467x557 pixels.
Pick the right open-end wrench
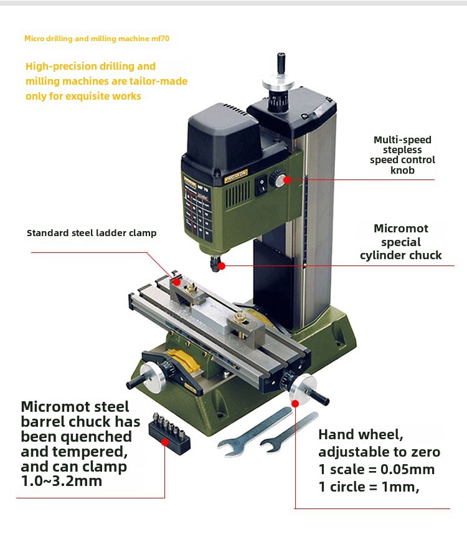click(x=289, y=434)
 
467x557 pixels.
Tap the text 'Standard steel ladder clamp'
click(x=92, y=233)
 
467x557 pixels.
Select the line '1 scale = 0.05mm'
click(x=376, y=469)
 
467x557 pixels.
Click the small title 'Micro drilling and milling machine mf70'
click(x=97, y=39)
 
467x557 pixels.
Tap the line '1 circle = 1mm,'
click(x=369, y=487)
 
